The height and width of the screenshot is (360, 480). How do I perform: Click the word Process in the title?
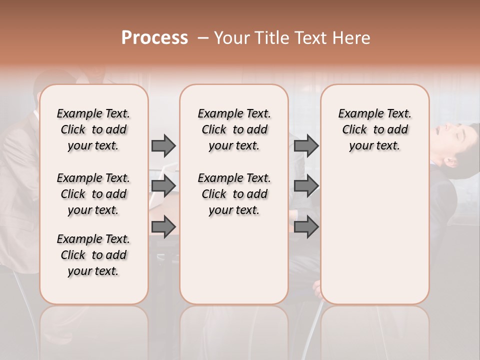point(154,37)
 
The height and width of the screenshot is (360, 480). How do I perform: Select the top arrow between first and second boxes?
point(163,145)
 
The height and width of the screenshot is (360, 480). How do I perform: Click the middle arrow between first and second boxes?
point(163,186)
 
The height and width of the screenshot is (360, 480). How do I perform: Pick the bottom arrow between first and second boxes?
point(163,227)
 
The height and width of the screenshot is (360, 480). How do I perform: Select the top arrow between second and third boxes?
point(306,145)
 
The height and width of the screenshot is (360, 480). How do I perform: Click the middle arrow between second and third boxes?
point(306,186)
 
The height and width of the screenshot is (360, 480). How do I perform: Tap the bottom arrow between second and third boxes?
point(306,227)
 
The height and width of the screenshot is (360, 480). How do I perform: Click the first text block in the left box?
point(93,129)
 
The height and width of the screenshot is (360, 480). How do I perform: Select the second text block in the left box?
point(93,194)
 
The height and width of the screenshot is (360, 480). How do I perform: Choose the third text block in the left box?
point(93,255)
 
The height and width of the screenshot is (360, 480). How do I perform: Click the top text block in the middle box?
point(234,129)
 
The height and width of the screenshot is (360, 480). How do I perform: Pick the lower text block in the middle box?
point(234,194)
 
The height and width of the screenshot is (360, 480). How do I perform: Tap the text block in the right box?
point(374,129)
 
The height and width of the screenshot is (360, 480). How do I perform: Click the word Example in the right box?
point(357,114)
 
